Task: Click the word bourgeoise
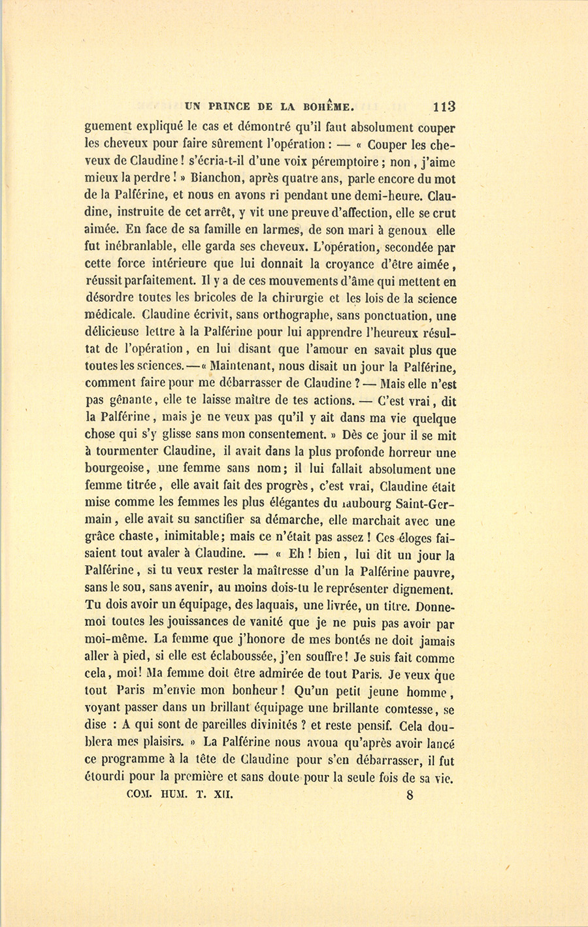point(119,469)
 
